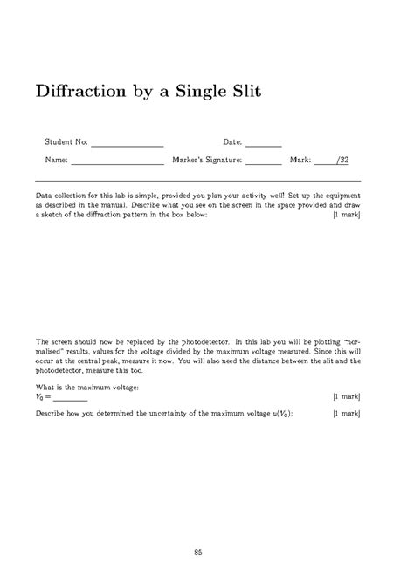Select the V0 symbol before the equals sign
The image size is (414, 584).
39,395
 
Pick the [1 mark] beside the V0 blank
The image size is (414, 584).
346,395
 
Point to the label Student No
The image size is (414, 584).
66,141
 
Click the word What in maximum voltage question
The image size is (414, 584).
45,385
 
